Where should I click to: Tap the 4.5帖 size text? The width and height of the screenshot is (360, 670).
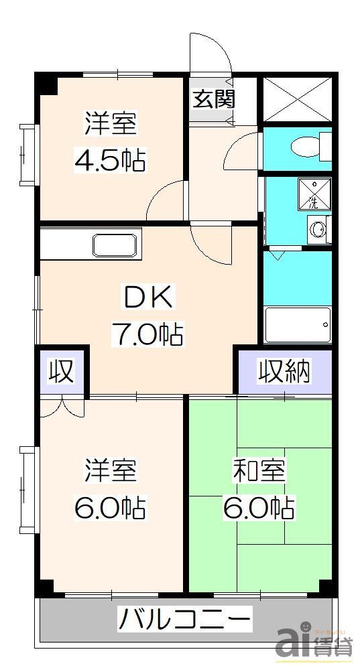click(111, 160)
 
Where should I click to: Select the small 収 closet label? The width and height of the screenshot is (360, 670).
click(62, 371)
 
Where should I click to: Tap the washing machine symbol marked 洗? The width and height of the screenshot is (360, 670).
click(313, 193)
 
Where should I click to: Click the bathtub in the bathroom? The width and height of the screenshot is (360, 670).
click(298, 326)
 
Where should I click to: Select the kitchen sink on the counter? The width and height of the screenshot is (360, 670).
click(117, 245)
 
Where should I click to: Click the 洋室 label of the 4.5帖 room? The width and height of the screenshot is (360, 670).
click(111, 124)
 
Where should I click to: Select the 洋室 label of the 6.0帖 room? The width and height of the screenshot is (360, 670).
click(111, 471)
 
